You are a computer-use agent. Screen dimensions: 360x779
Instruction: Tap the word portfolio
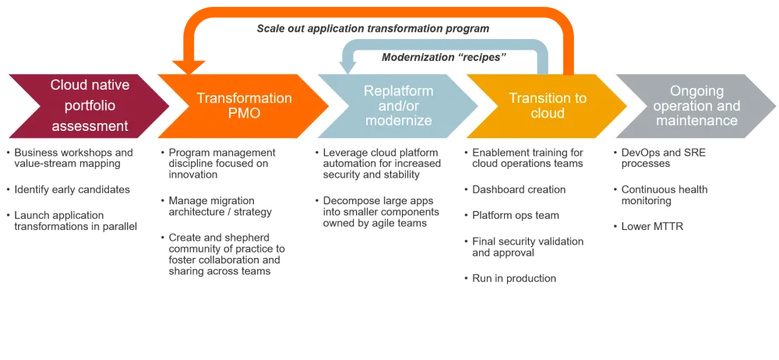pos(89,105)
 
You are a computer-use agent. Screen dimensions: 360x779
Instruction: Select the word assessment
pos(89,125)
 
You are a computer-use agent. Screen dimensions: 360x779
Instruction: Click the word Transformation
pos(244,99)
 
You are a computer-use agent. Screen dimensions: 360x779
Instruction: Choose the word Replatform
pos(398,90)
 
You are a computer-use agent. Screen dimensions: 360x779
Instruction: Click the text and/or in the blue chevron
pos(398,106)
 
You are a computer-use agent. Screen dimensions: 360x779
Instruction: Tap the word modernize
pos(398,122)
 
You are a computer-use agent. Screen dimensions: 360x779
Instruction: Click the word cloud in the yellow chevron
pos(547,114)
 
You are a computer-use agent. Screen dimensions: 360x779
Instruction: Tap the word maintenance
pos(696,122)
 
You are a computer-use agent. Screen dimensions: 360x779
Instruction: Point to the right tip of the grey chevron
pos(774,107)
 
